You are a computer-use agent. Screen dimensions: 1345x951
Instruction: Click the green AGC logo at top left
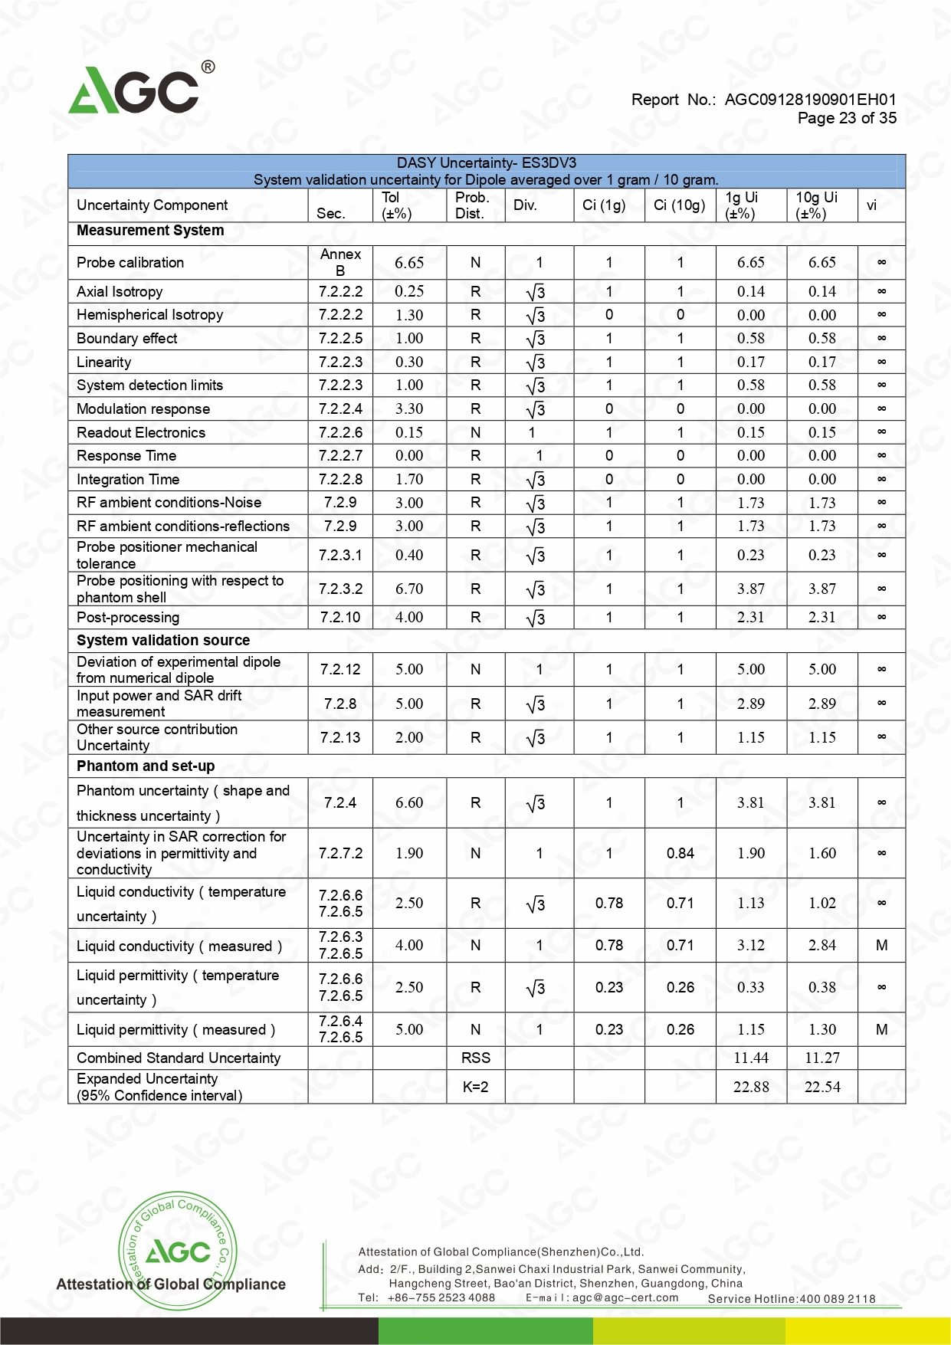tap(134, 90)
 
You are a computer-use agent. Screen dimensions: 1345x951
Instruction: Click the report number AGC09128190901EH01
tap(810, 100)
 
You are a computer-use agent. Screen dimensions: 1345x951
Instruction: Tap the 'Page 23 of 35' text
tap(846, 118)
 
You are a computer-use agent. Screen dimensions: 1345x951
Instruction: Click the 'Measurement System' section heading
tap(150, 231)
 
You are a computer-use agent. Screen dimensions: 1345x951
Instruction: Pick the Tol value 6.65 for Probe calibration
tap(409, 263)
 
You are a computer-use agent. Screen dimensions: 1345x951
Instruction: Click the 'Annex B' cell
tap(340, 262)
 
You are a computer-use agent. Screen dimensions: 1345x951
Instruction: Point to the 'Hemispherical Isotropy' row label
tap(149, 315)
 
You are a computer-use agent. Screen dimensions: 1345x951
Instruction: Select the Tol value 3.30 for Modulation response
tap(409, 409)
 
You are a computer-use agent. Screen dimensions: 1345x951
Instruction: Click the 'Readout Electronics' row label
tap(141, 433)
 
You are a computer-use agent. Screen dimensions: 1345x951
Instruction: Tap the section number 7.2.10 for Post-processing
tap(340, 618)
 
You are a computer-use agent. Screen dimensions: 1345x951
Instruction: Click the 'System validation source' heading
tap(163, 641)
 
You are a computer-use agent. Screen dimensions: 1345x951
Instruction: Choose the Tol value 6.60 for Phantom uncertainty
tap(409, 803)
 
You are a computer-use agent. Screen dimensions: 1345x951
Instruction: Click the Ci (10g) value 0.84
tap(680, 854)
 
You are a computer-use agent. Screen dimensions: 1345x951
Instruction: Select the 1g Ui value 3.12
tap(751, 946)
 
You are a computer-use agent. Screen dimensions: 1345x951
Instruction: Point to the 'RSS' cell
tap(475, 1058)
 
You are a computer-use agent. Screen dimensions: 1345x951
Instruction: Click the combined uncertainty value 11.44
tap(751, 1058)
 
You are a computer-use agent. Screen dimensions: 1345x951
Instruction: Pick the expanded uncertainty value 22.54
tap(822, 1087)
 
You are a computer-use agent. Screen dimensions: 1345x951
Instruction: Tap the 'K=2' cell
tap(475, 1087)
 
